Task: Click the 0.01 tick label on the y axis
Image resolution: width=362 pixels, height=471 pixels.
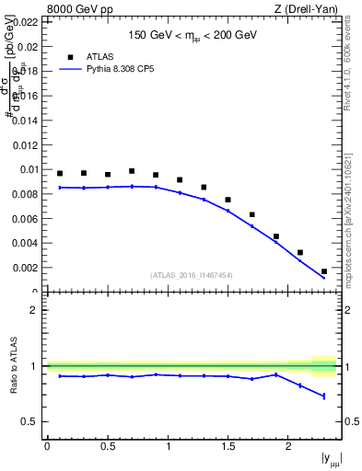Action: point(29,169)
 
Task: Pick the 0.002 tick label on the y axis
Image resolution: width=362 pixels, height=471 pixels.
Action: point(26,268)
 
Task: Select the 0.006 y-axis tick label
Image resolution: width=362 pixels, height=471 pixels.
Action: point(26,219)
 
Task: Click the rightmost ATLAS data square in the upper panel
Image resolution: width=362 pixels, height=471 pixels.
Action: point(324,271)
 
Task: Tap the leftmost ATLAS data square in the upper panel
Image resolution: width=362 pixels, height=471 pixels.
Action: point(60,173)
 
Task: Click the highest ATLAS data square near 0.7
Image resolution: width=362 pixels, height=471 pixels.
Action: point(132,171)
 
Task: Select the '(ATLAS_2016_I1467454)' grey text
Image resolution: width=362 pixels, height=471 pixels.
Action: point(193,275)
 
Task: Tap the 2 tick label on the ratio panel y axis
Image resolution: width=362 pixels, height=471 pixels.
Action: point(37,310)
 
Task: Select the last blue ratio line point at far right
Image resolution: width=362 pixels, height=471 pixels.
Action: point(324,396)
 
